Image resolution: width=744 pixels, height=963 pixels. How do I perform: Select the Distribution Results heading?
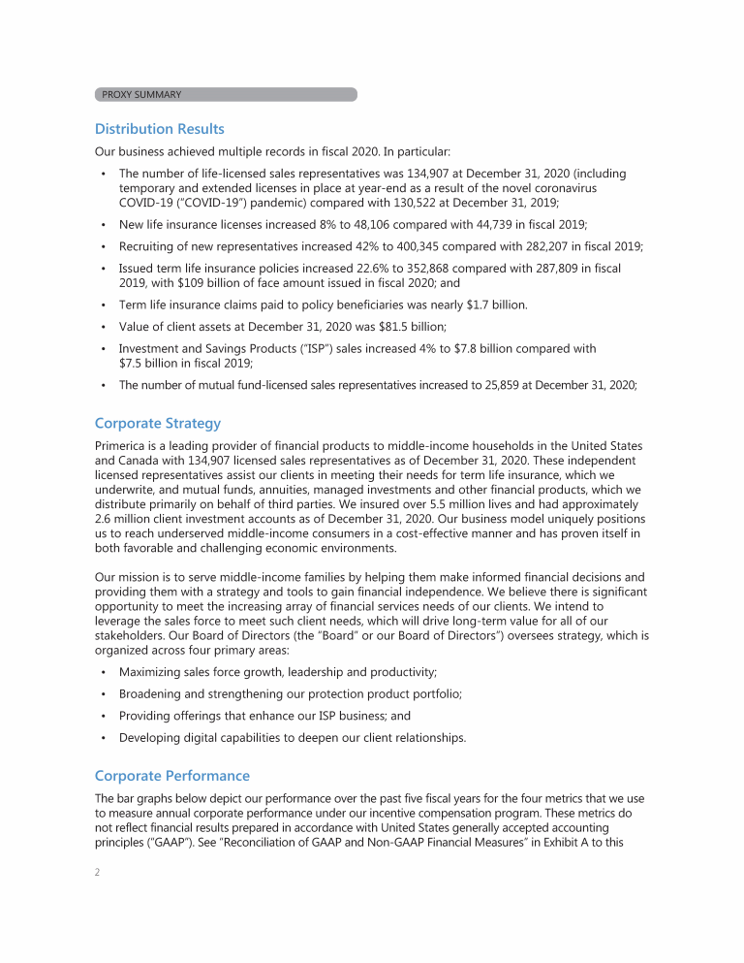pyautogui.click(x=160, y=129)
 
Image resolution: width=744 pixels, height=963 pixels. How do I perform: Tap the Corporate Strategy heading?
pyautogui.click(x=158, y=424)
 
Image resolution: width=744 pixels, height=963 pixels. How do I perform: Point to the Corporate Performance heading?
pyautogui.click(x=171, y=776)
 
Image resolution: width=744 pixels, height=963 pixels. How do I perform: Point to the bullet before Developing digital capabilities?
pyautogui.click(x=103, y=738)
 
